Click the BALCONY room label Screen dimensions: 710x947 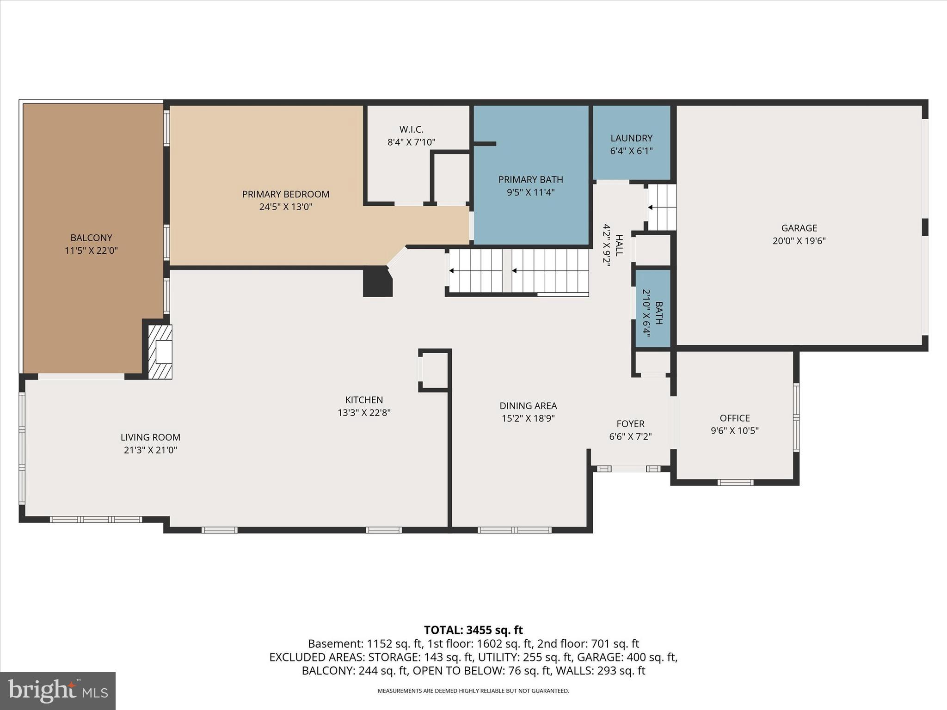(x=91, y=238)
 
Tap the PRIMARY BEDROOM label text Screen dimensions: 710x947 (x=286, y=194)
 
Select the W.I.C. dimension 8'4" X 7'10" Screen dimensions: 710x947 (x=411, y=142)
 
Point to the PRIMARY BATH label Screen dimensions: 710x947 (x=530, y=179)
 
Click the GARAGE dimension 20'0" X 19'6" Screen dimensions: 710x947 (x=799, y=241)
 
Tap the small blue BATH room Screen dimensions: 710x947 (x=653, y=307)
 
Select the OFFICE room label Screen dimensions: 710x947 (x=735, y=418)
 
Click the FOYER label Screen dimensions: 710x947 (x=630, y=424)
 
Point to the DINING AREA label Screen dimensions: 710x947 (x=528, y=406)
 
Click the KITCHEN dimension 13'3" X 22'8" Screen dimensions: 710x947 (x=364, y=413)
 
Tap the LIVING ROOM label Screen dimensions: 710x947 (x=150, y=437)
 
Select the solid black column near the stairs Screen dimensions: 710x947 (x=377, y=282)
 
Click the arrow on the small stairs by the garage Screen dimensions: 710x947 (x=651, y=208)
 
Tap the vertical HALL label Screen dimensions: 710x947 (x=619, y=245)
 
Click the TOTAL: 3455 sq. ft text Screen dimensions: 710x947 (x=473, y=630)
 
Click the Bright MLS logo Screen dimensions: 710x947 (x=58, y=691)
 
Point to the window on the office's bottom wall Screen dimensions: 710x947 (x=735, y=483)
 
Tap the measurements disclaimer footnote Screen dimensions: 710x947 (x=473, y=691)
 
